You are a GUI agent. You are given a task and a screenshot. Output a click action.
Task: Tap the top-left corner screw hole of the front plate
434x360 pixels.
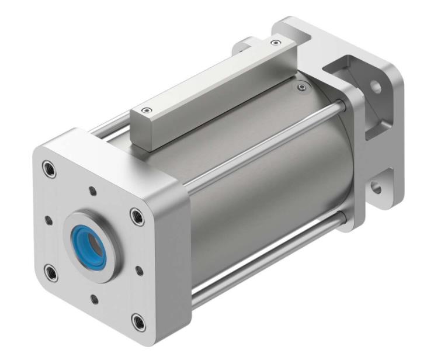[x=47, y=170]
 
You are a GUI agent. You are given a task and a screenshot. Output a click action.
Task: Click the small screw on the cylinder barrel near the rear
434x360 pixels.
[x=301, y=88]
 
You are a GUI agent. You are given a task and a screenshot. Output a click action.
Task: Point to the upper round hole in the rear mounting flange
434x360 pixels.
[x=376, y=89]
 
